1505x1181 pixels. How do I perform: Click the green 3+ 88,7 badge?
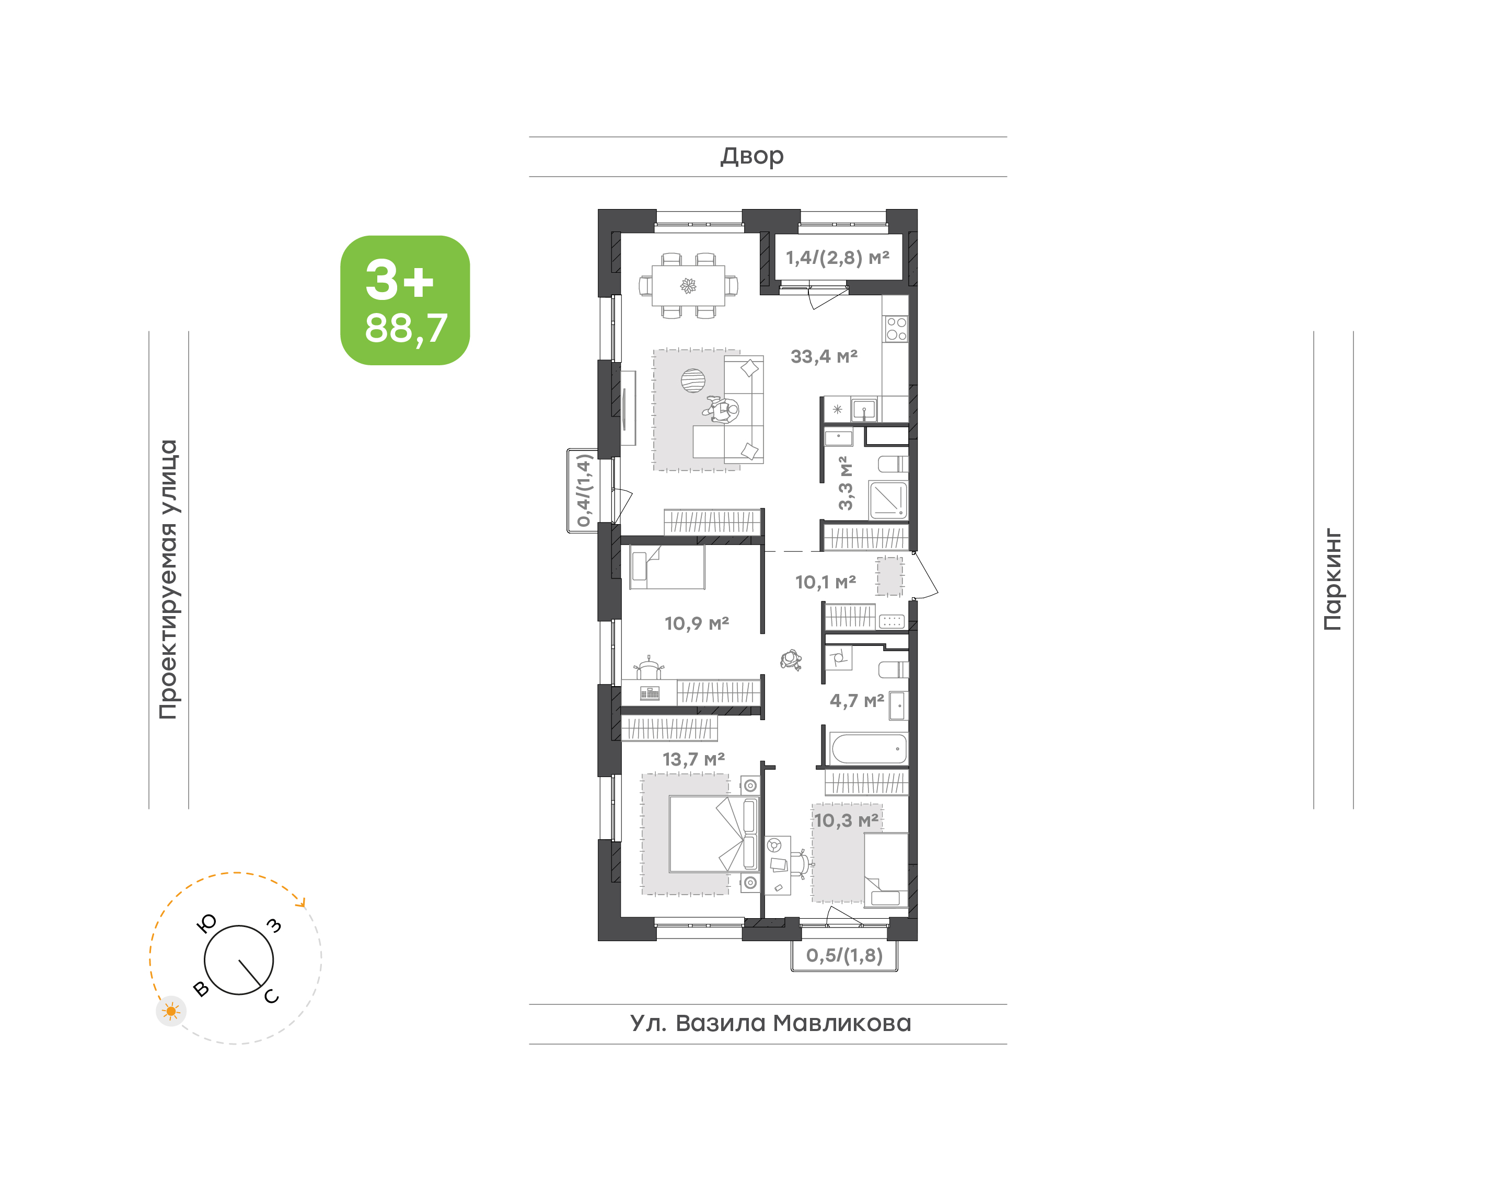[404, 300]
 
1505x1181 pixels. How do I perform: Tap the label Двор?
[752, 156]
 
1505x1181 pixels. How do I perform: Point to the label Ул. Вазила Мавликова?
[770, 1023]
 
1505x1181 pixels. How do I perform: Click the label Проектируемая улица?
[168, 580]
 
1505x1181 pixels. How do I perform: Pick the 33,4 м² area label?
[824, 357]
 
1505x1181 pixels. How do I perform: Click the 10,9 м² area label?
[697, 624]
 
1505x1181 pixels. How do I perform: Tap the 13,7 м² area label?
[693, 759]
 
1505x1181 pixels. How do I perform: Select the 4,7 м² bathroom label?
[856, 700]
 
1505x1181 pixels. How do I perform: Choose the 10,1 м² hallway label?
[826, 582]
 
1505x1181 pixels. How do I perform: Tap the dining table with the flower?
[689, 285]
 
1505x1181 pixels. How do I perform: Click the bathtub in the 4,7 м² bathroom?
[869, 749]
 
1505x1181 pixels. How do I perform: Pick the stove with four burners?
[896, 329]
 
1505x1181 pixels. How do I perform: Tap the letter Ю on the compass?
[207, 923]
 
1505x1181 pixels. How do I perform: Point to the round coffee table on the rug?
[693, 380]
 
